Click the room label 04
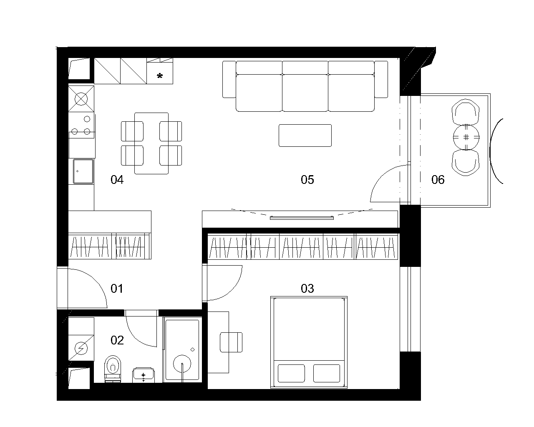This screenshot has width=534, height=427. click(x=117, y=180)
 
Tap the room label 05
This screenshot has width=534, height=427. click(x=307, y=180)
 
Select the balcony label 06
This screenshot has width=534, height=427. click(x=438, y=180)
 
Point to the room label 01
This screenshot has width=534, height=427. click(x=117, y=289)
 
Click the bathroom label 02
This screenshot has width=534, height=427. click(x=117, y=340)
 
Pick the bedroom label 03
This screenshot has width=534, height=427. click(x=307, y=289)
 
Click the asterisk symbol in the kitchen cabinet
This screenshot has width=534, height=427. click(x=160, y=75)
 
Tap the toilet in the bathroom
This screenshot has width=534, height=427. click(x=113, y=369)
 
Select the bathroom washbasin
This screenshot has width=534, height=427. click(x=144, y=375)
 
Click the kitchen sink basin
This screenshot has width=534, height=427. click(x=83, y=171)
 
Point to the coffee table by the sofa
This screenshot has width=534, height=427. click(x=305, y=136)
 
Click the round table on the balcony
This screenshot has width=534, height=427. click(x=466, y=137)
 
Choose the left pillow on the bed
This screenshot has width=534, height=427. click(x=291, y=373)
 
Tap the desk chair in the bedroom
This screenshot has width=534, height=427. click(x=231, y=342)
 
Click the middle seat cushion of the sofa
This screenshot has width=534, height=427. click(x=305, y=93)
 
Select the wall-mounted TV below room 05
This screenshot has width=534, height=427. click(x=302, y=218)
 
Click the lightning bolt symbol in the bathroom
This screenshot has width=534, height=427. click(x=81, y=348)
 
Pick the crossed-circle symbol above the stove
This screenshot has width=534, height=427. click(x=81, y=99)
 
